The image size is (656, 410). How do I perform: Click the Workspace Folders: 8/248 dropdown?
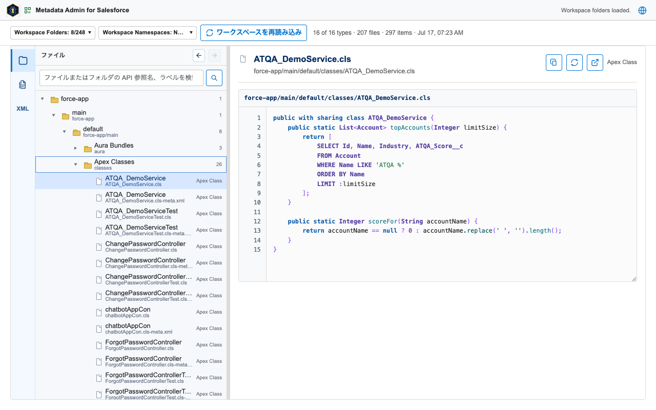53,32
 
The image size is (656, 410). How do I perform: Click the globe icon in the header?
642,10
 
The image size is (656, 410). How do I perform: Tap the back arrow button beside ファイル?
199,55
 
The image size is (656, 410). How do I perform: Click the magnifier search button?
214,78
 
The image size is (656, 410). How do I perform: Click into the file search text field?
121,77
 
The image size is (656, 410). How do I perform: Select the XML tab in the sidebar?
23,109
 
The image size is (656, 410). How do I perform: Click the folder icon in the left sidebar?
23,60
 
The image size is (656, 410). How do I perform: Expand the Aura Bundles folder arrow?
75,148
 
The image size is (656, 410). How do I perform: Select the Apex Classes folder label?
114,161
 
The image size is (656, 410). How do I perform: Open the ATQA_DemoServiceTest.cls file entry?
141,214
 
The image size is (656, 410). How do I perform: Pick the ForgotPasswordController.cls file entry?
143,345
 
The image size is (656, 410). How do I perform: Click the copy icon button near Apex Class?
554,63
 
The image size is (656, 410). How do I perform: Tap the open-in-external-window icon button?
595,63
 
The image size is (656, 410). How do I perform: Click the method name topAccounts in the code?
409,128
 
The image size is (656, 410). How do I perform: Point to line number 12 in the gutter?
257,221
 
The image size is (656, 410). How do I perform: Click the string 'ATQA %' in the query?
390,165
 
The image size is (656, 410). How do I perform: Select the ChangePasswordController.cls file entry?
145,247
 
